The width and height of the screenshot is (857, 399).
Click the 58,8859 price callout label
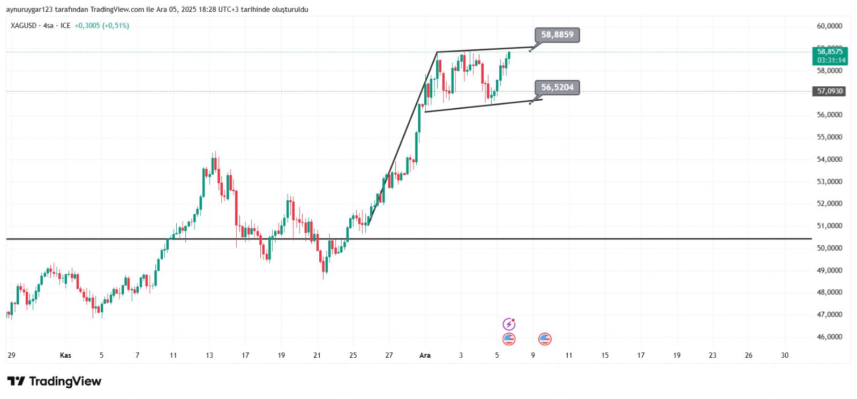(557, 35)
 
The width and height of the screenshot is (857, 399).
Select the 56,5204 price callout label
(557, 87)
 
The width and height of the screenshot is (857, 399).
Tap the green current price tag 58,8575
(830, 52)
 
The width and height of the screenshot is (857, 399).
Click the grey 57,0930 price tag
(830, 91)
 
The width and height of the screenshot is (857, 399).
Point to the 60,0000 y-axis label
(829, 26)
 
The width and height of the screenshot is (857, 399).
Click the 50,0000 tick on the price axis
(829, 248)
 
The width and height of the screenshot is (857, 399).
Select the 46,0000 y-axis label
(829, 337)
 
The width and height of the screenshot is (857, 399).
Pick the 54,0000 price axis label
(829, 159)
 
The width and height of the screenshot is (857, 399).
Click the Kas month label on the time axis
(65, 355)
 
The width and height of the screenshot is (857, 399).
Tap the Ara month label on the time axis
(425, 355)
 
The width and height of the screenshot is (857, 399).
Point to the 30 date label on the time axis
(785, 355)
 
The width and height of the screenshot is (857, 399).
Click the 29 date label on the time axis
(11, 355)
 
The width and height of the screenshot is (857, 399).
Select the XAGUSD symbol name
(24, 26)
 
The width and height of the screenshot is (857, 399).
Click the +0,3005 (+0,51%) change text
(102, 26)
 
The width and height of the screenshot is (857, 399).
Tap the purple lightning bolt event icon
(509, 324)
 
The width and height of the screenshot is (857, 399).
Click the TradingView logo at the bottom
(54, 381)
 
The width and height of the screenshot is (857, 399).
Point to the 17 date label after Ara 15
(641, 355)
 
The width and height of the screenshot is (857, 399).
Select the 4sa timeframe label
(49, 26)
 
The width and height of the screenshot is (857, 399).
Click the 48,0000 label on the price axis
(829, 292)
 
